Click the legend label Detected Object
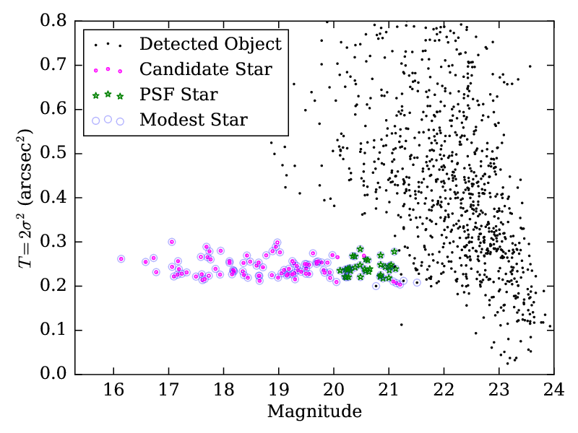click(x=210, y=44)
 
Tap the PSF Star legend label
click(x=178, y=95)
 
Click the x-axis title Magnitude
click(x=314, y=412)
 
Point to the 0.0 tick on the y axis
click(x=56, y=375)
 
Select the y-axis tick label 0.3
click(x=56, y=242)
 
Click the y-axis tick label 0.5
click(x=56, y=154)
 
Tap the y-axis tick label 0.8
click(x=56, y=22)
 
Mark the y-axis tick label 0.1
click(x=56, y=331)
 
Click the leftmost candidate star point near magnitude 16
click(x=121, y=258)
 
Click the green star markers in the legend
click(x=108, y=95)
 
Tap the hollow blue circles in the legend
click(x=108, y=120)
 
